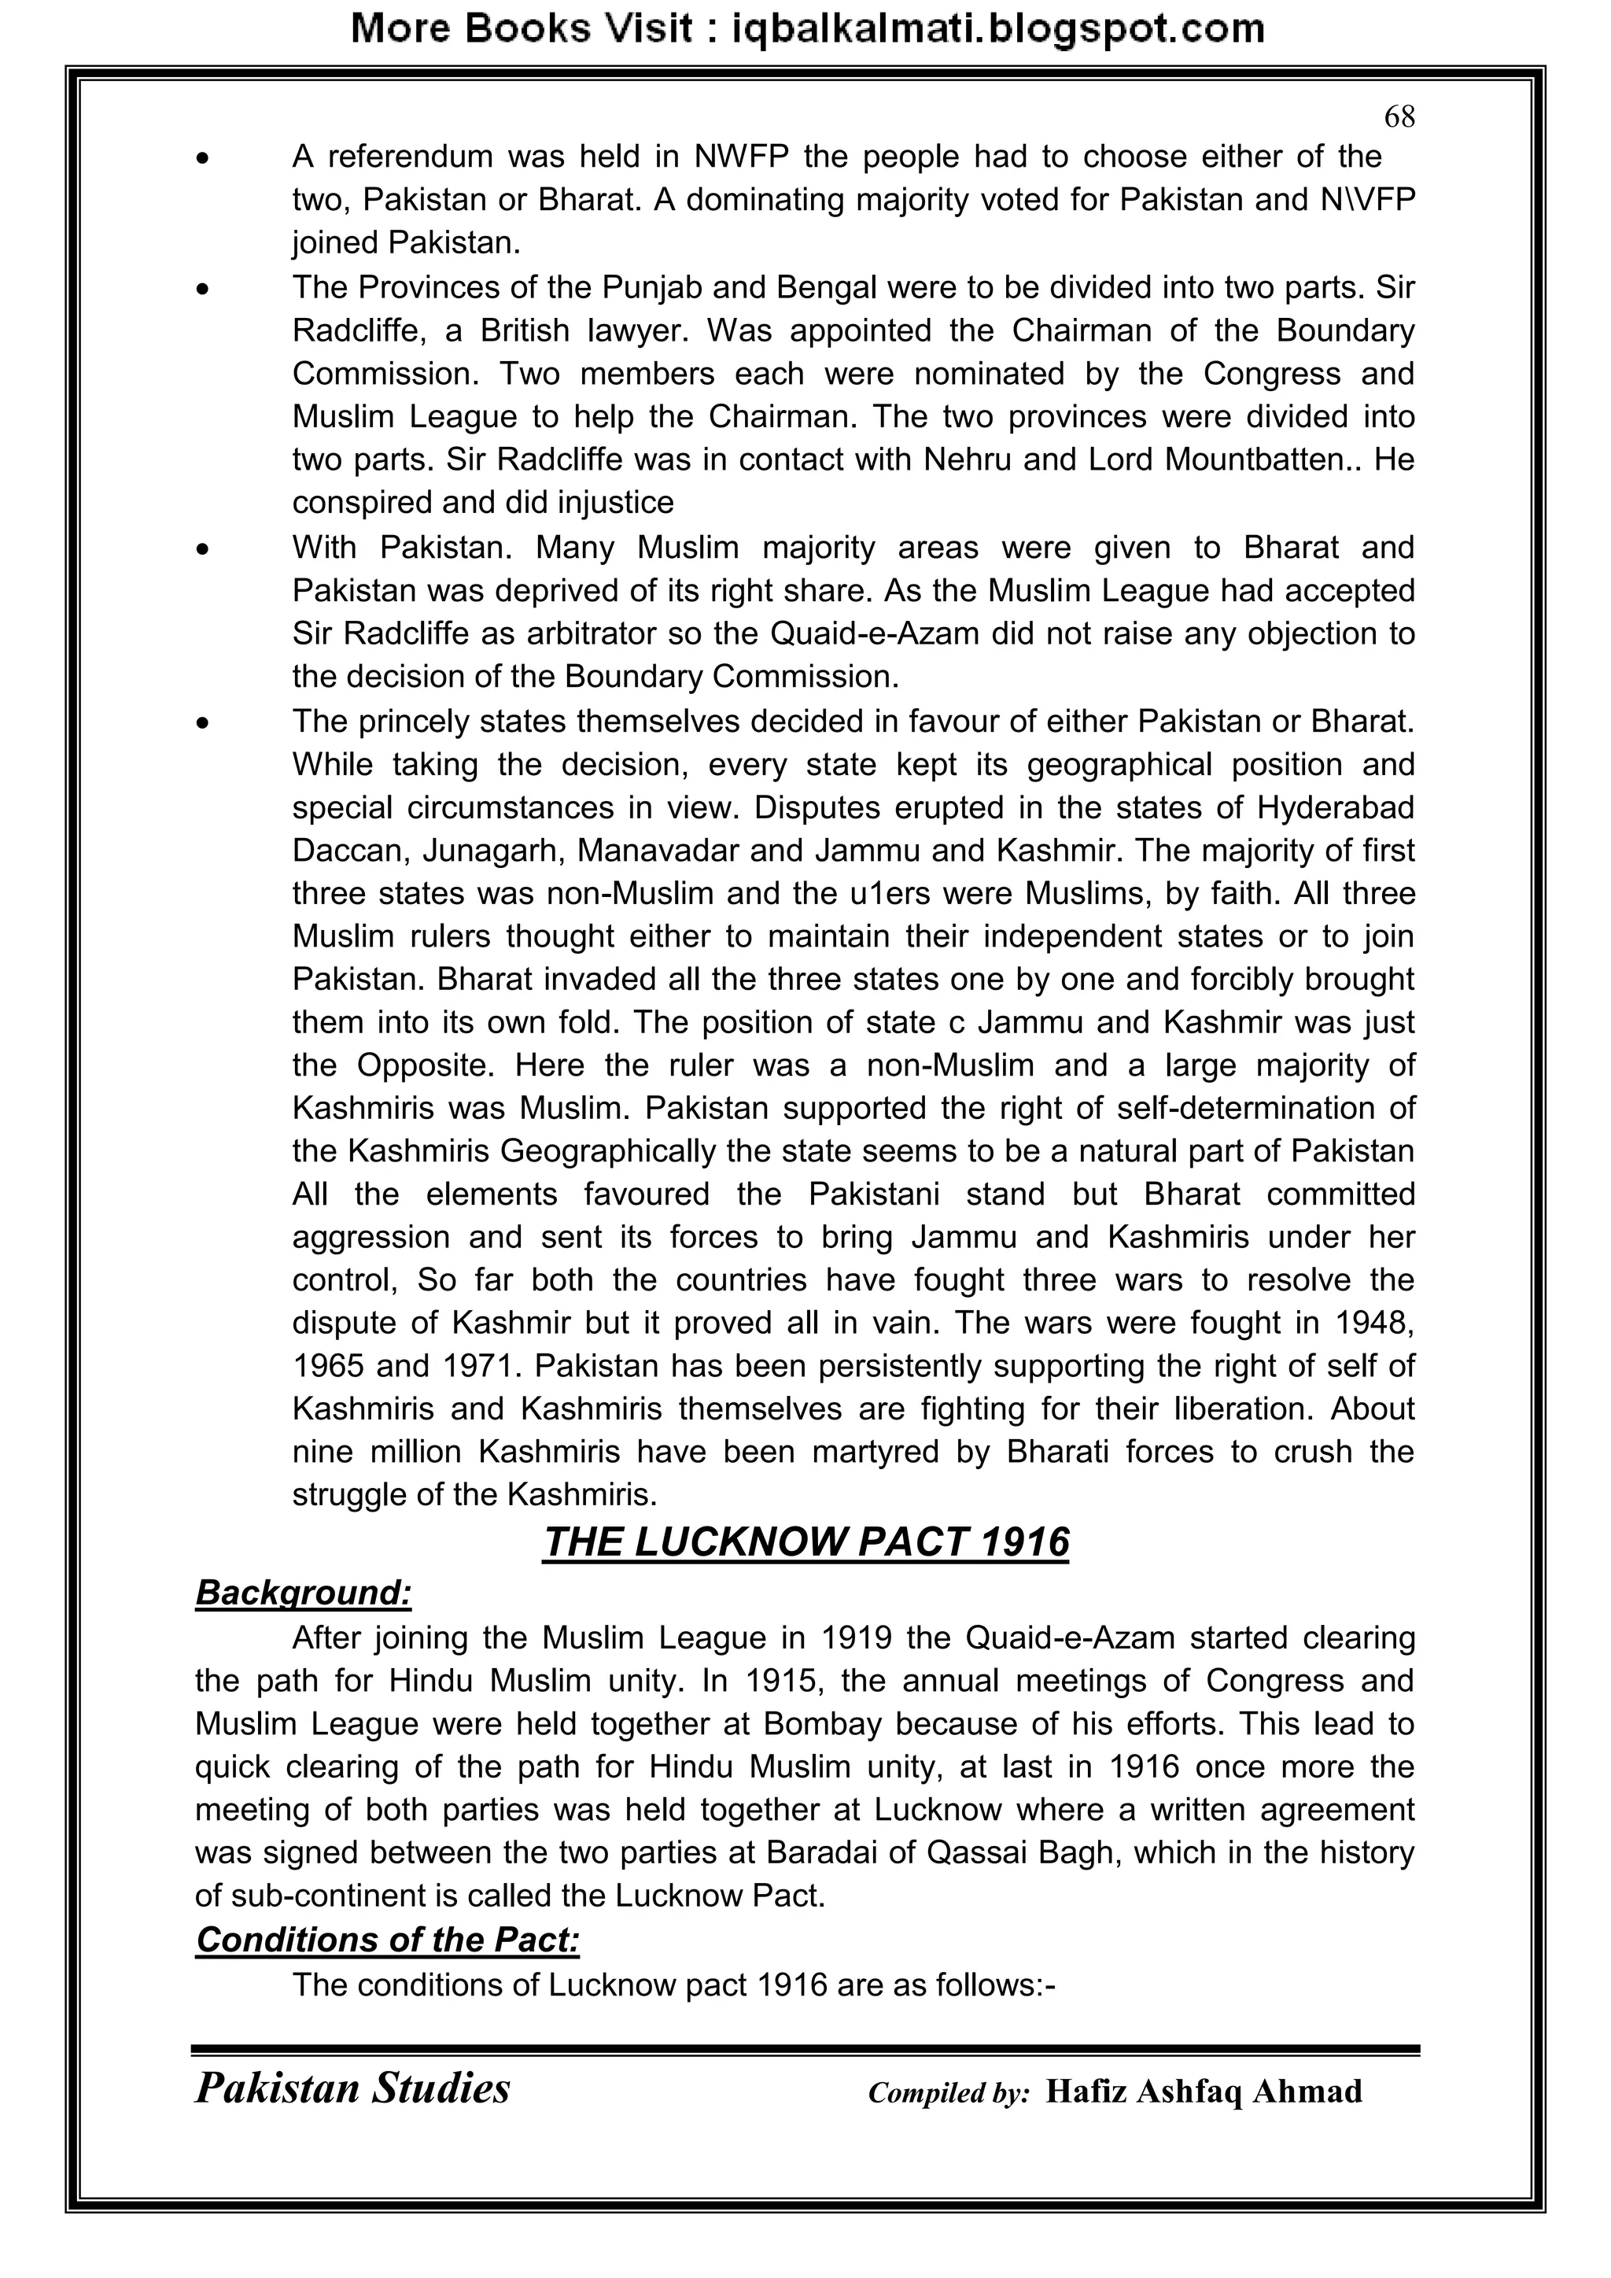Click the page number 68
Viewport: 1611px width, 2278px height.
(x=1399, y=117)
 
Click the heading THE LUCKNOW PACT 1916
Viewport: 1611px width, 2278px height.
(x=805, y=1541)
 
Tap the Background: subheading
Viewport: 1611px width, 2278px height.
(x=303, y=1593)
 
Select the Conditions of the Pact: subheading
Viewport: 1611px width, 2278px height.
(x=387, y=1940)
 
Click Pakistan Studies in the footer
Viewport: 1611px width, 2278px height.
(x=352, y=2088)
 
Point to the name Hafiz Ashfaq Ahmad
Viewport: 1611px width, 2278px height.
(x=1204, y=2092)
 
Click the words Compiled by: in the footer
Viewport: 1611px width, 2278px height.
(x=949, y=2093)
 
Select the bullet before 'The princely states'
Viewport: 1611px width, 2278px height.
(x=204, y=724)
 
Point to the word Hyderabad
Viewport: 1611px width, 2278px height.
(x=1335, y=807)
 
